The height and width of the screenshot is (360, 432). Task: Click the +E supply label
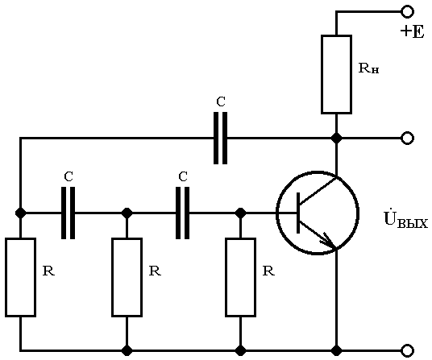coord(412,31)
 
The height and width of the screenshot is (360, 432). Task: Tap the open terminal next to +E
coord(407,12)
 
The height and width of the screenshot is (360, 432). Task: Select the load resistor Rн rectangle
coord(336,74)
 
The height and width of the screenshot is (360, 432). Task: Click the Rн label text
coord(368,68)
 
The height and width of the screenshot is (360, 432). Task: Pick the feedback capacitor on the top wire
coord(221,138)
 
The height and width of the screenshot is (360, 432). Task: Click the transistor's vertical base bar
coord(298,213)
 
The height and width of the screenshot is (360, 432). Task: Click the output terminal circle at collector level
coord(407,138)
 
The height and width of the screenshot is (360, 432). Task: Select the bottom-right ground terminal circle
coord(407,350)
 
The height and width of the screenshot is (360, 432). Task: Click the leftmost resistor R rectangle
coord(20,277)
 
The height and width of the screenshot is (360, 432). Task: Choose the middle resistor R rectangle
coord(127,277)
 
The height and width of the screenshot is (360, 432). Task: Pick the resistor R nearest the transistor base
coord(240,277)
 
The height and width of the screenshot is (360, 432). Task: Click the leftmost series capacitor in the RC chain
coord(68,213)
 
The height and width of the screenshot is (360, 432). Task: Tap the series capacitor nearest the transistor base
coord(182,213)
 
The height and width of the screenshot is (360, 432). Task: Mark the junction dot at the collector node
coord(336,138)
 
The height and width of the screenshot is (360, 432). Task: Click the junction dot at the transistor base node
coord(240,213)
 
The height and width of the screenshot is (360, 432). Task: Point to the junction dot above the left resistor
coord(20,213)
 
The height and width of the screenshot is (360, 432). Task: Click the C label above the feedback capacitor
coord(221,101)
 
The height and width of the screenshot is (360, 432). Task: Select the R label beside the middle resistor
coord(155,271)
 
